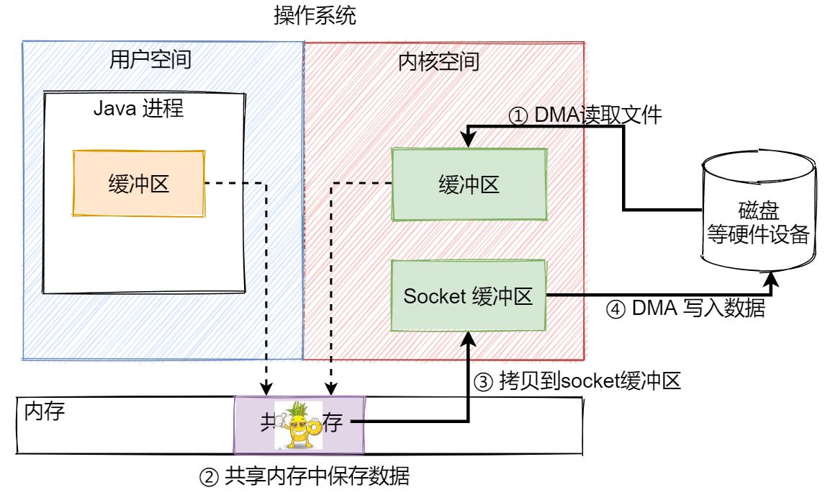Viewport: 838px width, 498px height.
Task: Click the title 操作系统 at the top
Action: click(315, 17)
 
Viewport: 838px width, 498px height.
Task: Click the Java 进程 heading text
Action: click(139, 110)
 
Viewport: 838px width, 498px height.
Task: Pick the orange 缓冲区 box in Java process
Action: click(138, 183)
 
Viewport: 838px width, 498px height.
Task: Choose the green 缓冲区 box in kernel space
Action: click(469, 184)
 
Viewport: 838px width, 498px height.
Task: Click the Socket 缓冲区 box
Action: click(468, 296)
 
